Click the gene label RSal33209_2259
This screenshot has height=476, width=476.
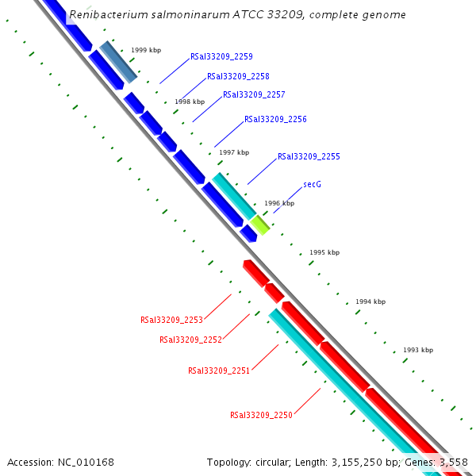(221, 56)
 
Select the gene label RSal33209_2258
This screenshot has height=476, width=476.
(238, 76)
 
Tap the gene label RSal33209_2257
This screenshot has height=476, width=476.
(254, 94)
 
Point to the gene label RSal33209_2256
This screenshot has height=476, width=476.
(275, 119)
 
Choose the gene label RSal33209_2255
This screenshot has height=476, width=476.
(309, 156)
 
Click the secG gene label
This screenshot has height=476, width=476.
(312, 184)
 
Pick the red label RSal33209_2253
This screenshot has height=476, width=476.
(171, 320)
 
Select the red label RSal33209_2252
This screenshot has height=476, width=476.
(190, 339)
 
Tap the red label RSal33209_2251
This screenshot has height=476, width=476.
(219, 370)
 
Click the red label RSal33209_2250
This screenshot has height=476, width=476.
(261, 415)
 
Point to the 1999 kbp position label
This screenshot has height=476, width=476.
(146, 50)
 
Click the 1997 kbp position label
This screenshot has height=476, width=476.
(234, 152)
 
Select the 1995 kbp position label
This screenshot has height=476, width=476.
(324, 252)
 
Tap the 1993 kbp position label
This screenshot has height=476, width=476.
(418, 350)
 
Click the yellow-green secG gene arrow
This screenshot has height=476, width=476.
(261, 224)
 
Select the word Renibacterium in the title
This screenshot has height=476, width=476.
(104, 14)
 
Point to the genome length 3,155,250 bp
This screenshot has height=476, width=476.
(350, 462)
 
